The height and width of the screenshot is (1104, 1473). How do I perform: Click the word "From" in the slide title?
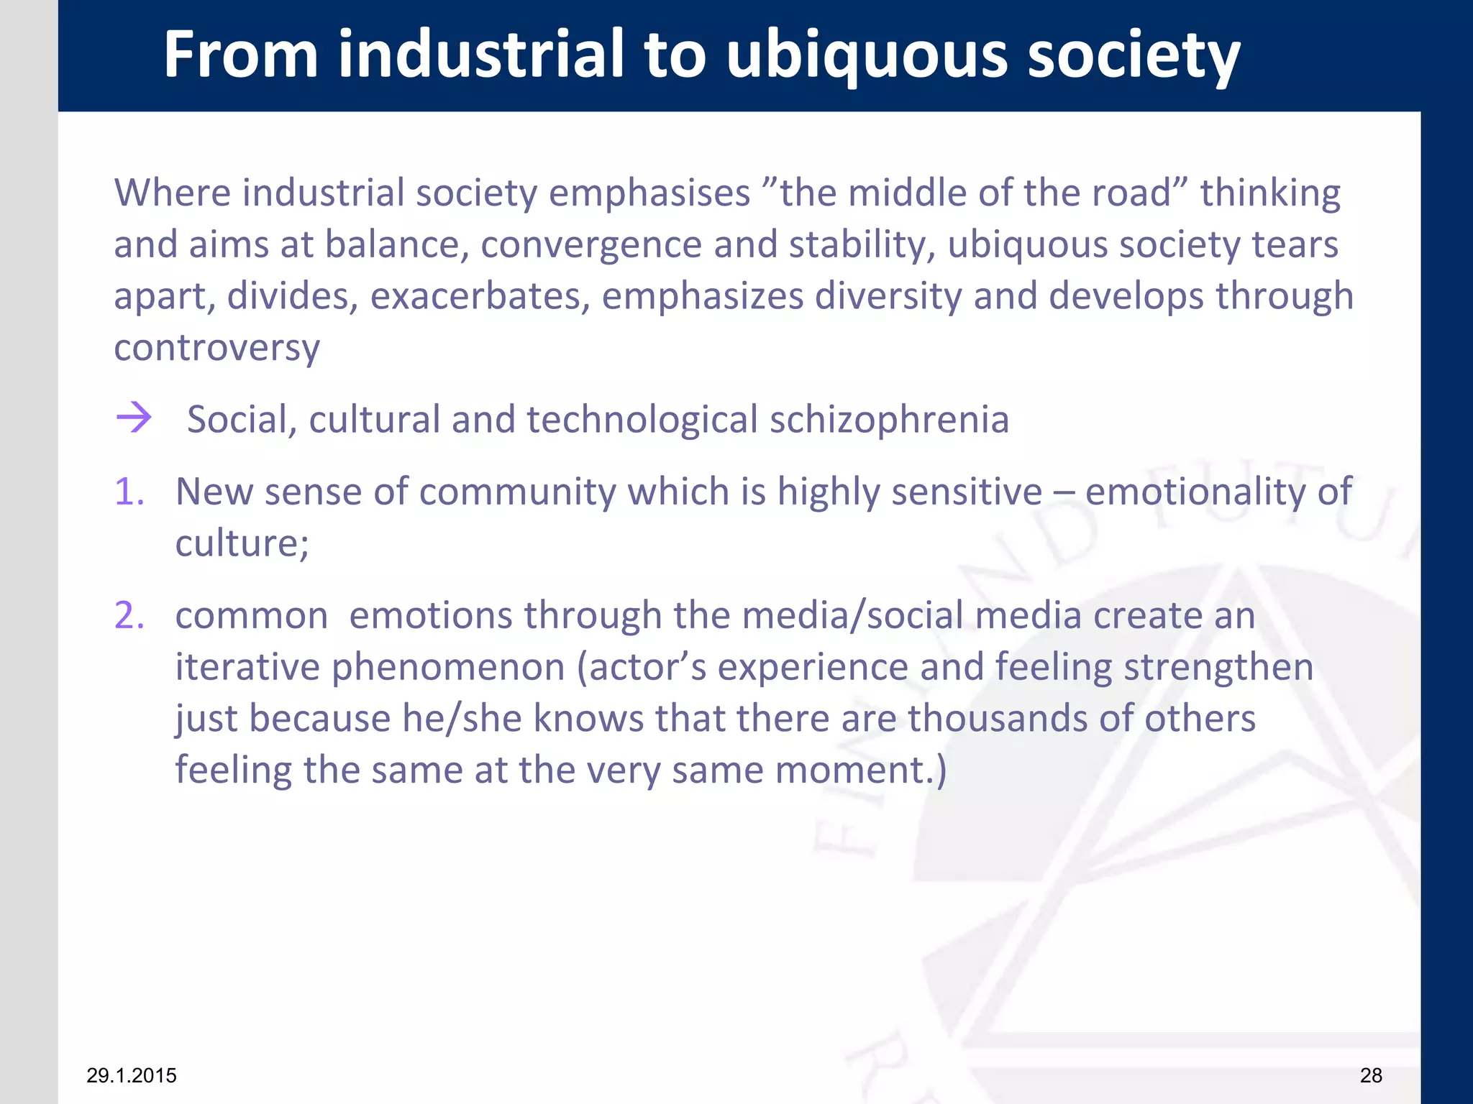coord(241,55)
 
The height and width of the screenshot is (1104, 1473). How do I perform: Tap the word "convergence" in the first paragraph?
coord(591,244)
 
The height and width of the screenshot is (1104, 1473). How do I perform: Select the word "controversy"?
coord(216,348)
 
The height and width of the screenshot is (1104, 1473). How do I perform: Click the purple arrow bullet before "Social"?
coord(134,418)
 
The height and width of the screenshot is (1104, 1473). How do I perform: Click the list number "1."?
coord(129,492)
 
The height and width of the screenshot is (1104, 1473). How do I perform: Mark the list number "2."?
coord(129,616)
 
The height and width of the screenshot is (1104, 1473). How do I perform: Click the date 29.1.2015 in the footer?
coord(132,1075)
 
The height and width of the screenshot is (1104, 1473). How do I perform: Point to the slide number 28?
coord(1371,1075)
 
